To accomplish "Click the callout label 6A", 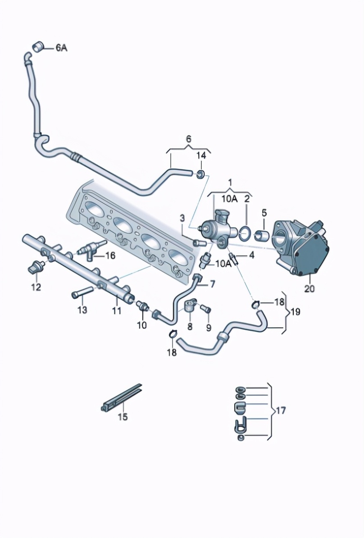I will tap(61, 47).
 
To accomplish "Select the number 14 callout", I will tap(201, 155).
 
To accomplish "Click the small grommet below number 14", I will tap(200, 174).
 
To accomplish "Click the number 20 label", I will tap(309, 289).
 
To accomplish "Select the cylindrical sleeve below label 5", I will tap(262, 235).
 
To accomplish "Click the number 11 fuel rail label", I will tap(117, 310).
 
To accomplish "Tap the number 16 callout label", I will tap(110, 255).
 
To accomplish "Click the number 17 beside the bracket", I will tap(280, 410).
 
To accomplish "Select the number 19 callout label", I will tap(295, 311).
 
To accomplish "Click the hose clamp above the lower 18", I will tap(172, 334).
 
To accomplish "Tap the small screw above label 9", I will tap(205, 309).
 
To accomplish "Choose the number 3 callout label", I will tap(182, 218).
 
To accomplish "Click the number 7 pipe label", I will tap(212, 284).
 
